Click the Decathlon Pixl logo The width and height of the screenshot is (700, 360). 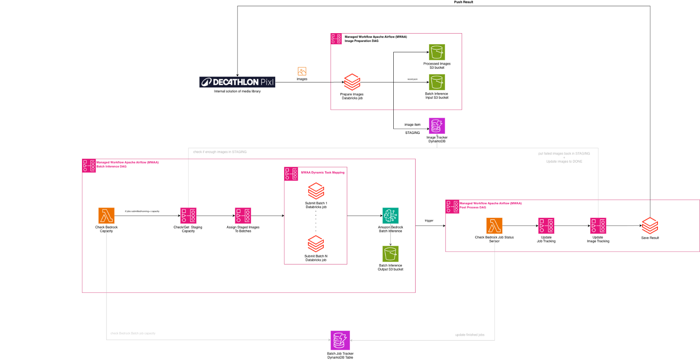coord(237,82)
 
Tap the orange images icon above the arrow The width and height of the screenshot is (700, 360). coord(302,72)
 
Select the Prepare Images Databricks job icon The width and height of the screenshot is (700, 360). coord(352,82)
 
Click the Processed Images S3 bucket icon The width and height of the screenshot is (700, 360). coord(437,52)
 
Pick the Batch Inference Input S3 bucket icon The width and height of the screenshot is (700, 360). coord(437,82)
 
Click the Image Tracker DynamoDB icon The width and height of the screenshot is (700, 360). coord(437,126)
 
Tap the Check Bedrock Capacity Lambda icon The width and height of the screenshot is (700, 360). coord(106,216)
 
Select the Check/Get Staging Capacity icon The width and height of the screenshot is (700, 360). coord(188,216)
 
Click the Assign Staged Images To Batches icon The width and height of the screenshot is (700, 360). coord(243,216)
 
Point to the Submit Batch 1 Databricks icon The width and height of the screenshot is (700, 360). coord(316,191)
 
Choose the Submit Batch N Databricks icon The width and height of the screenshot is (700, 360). coord(316,244)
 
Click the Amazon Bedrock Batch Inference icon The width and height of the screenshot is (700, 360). coord(390,216)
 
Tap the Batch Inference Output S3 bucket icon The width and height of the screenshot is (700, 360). coord(390,254)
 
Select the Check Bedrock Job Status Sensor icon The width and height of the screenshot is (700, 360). coord(494,226)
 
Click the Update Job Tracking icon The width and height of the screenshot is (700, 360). coord(546,226)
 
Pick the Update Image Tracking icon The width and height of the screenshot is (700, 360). coord(598,226)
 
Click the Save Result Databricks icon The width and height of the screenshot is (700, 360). coord(650,226)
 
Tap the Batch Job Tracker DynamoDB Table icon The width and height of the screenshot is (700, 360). coord(340,341)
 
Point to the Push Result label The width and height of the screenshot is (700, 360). coord(463,2)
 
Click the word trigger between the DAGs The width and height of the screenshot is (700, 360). coord(429,220)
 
